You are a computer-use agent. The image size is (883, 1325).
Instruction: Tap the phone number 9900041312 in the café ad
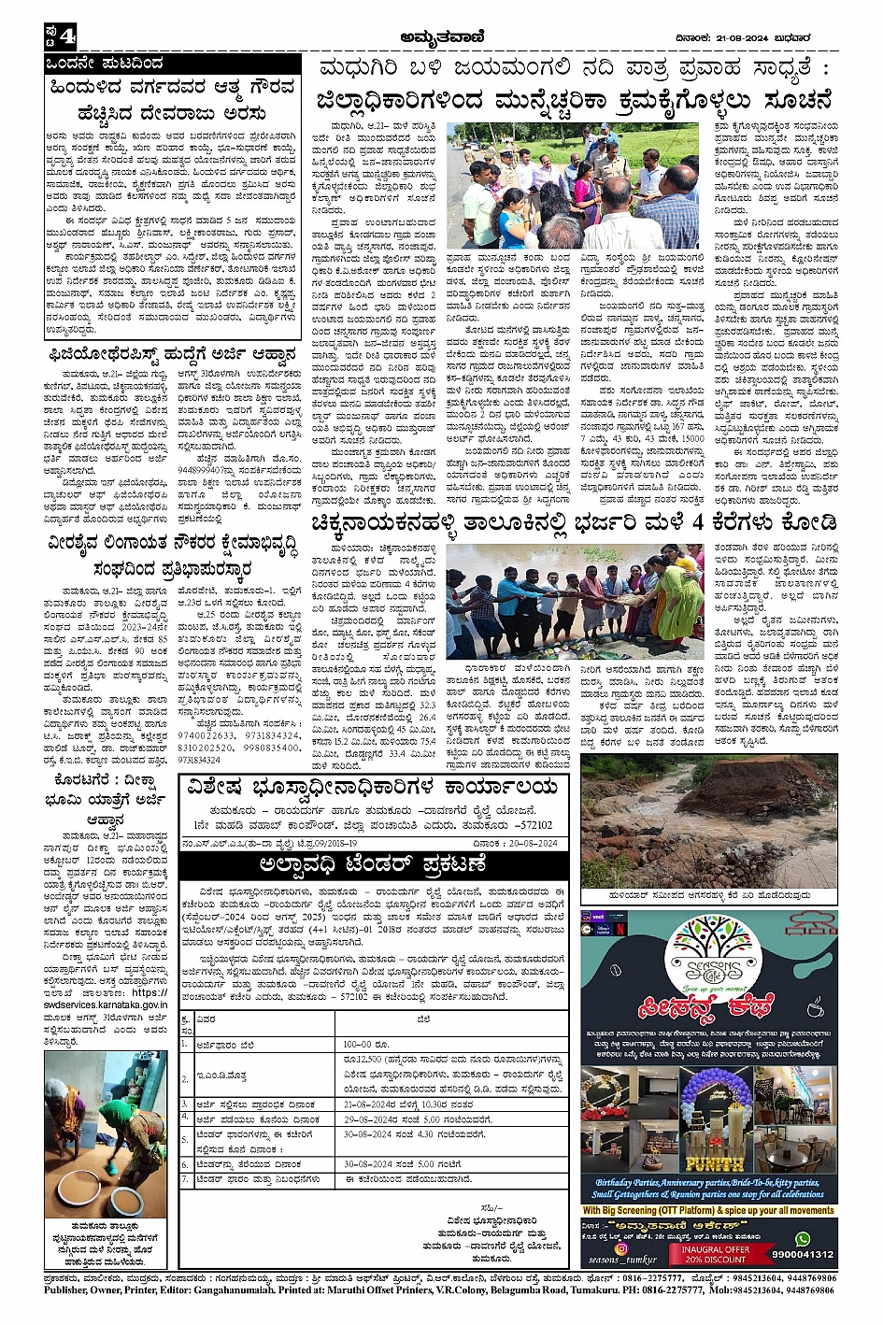click(x=803, y=1255)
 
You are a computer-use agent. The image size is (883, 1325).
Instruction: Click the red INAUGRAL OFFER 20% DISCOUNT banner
click(x=714, y=1254)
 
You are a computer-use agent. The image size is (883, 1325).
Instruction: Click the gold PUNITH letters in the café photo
click(x=714, y=1164)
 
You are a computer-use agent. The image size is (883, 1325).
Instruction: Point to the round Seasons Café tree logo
click(x=706, y=954)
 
